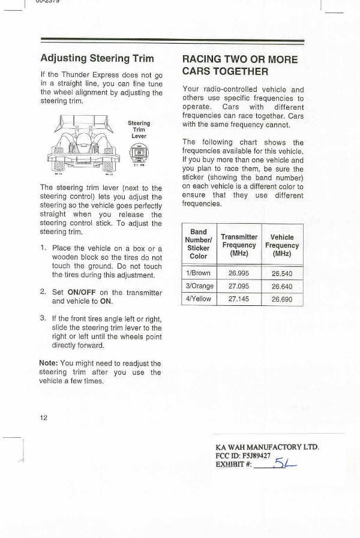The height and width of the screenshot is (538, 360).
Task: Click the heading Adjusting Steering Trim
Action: pos(97,58)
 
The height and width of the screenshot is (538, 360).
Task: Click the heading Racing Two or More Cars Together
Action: pos(239,65)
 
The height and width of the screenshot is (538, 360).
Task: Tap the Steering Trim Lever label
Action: pos(139,130)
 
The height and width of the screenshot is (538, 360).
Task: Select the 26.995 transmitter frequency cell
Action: pos(238,273)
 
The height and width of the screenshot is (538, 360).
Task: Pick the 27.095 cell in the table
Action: pos(238,286)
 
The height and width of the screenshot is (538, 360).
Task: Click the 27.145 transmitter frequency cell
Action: pos(238,299)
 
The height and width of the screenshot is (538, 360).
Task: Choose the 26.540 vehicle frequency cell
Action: pos(281,273)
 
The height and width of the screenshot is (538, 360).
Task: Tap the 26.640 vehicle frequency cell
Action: pos(281,286)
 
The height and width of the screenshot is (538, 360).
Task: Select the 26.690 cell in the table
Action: pos(281,299)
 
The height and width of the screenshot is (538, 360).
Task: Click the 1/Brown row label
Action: pos(199,273)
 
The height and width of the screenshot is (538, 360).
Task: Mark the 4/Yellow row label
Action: pos(199,299)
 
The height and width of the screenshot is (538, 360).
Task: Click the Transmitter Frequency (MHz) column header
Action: pos(239,245)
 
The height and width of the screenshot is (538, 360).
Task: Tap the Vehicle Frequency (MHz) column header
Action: pos(281,245)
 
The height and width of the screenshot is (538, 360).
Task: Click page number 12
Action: pos(44,417)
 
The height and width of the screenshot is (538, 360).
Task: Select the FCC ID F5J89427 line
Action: pos(243,455)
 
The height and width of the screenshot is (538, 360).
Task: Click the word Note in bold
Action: pos(48,363)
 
